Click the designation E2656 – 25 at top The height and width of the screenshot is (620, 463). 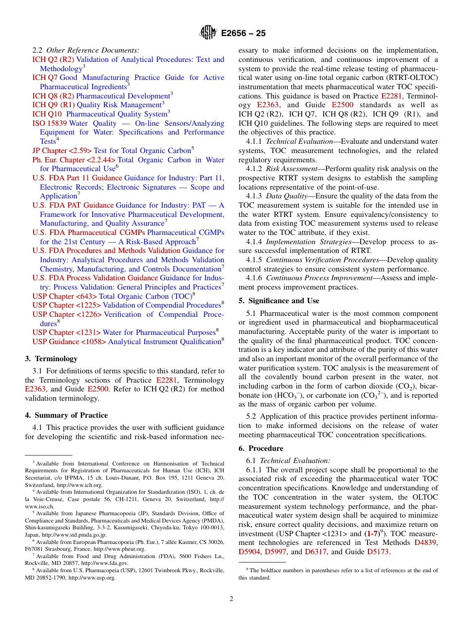[x=243, y=33]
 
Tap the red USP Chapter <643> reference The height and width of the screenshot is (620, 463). [x=64, y=296]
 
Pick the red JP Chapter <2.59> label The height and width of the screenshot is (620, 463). [x=62, y=151]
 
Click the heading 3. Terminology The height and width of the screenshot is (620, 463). [x=51, y=359]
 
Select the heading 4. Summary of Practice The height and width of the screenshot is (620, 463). [x=66, y=415]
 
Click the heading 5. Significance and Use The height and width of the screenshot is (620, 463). [x=279, y=301]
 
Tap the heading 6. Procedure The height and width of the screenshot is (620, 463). [x=261, y=448]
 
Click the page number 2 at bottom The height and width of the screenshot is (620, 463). [x=231, y=599]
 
